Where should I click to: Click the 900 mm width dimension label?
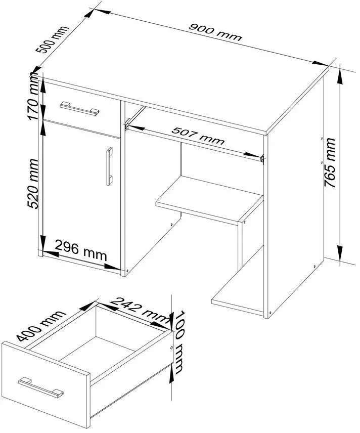click(x=215, y=32)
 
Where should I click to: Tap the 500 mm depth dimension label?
click(x=52, y=39)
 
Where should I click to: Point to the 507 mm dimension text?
click(x=198, y=136)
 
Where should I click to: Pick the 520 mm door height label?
click(x=33, y=184)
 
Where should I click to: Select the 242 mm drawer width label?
click(x=140, y=310)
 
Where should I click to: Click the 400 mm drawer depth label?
click(x=40, y=326)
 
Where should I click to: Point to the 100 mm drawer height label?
click(x=178, y=342)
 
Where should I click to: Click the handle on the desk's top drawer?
click(x=79, y=108)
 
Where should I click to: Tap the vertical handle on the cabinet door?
click(x=110, y=166)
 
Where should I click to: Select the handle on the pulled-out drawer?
click(x=41, y=388)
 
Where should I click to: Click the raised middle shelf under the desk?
click(x=209, y=199)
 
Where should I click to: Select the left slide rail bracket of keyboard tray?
click(x=127, y=125)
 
